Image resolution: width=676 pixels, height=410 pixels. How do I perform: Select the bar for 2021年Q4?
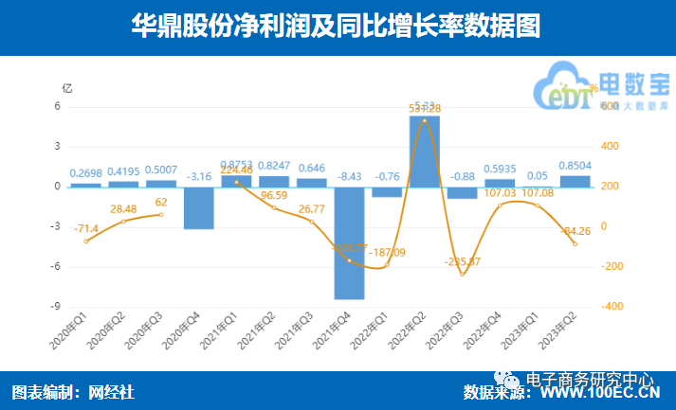(x=349, y=242)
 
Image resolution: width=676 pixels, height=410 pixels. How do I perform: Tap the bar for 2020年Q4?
(x=199, y=207)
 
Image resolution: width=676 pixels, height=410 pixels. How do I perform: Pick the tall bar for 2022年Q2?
(x=424, y=151)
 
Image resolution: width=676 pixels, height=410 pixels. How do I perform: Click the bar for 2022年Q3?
(x=462, y=192)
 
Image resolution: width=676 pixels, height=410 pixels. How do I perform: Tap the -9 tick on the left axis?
(x=57, y=307)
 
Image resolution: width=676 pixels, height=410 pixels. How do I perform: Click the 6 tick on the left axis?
(x=57, y=106)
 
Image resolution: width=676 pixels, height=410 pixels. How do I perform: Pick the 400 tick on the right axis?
(x=612, y=146)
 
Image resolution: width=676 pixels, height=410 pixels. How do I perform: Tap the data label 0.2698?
(x=85, y=173)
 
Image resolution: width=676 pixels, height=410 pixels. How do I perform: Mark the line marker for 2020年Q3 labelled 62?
(x=161, y=214)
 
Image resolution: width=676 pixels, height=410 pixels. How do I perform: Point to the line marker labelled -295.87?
(x=462, y=275)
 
